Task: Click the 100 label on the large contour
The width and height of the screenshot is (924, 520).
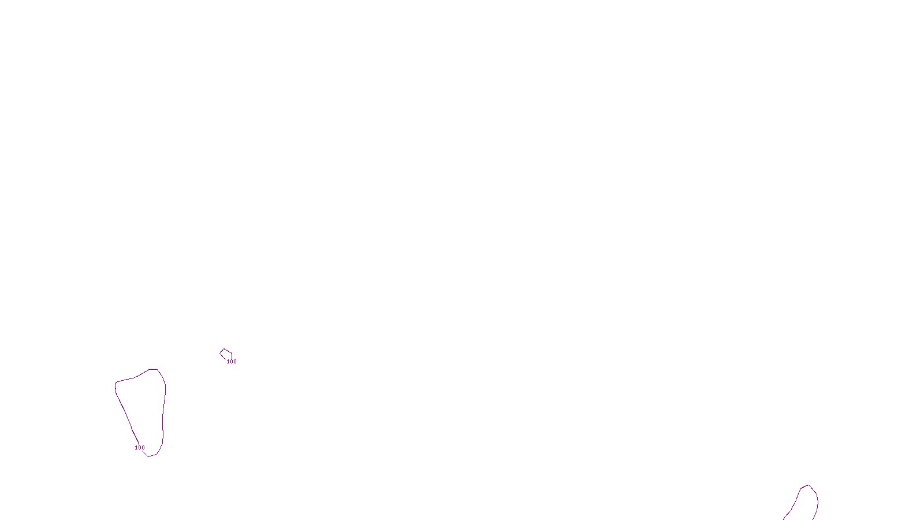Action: [140, 448]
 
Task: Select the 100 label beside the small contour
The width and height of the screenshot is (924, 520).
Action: [232, 362]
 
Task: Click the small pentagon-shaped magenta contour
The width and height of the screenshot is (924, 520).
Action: [226, 354]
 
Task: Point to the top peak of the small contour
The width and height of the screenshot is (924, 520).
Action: [224, 349]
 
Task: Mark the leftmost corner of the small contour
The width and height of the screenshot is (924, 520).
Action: [220, 353]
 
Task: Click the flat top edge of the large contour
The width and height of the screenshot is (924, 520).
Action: [153, 369]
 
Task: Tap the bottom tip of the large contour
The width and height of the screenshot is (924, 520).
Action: [149, 456]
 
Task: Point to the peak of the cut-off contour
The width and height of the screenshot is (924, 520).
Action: [808, 485]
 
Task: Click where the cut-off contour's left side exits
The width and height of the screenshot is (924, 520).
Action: [784, 518]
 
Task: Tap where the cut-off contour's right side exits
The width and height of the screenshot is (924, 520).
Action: [814, 518]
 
